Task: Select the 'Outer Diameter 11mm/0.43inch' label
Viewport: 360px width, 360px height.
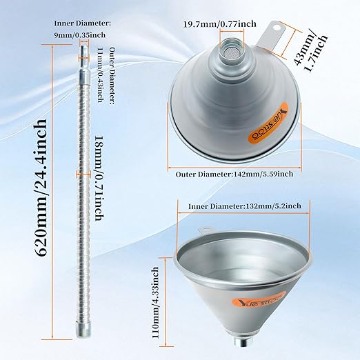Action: click(99, 77)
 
